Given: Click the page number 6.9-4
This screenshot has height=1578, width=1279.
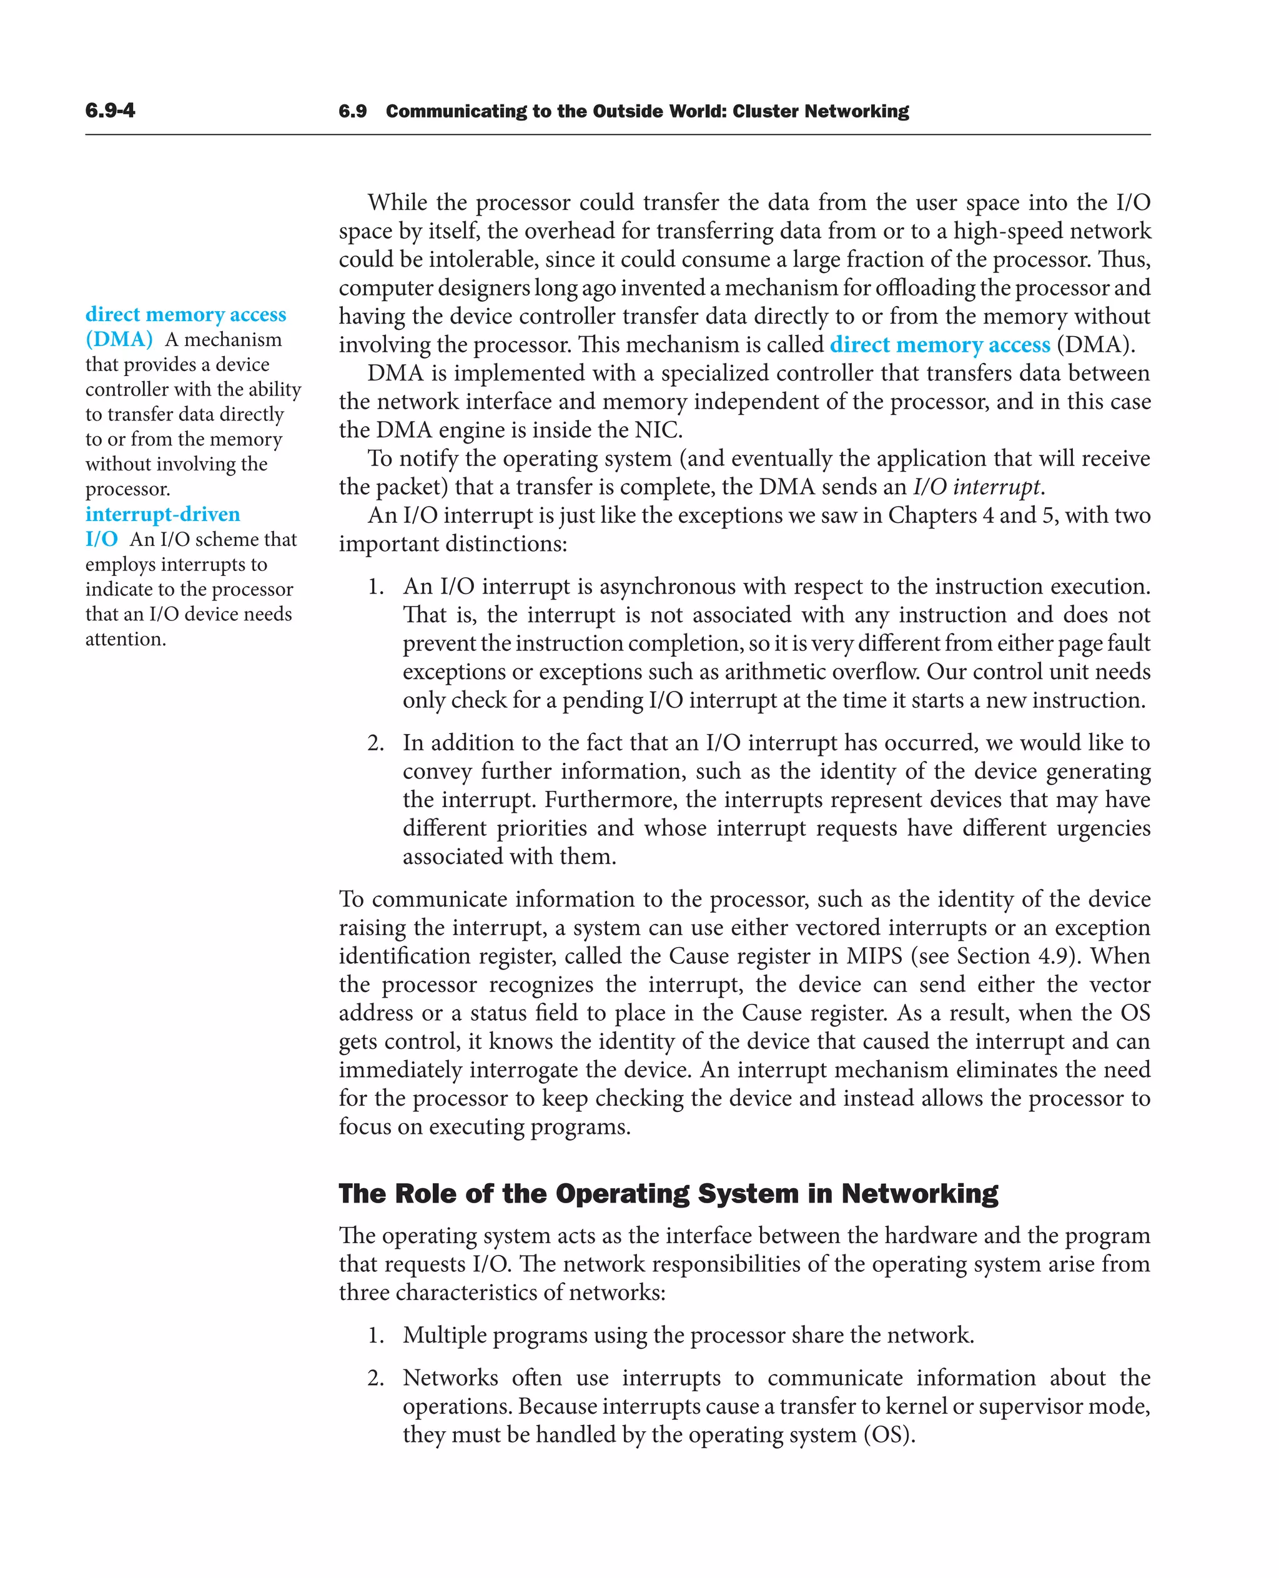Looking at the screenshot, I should click(x=110, y=111).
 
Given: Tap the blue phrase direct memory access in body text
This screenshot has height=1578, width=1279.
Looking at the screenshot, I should click(x=939, y=345).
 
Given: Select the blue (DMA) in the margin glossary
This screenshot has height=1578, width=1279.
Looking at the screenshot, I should click(x=119, y=340).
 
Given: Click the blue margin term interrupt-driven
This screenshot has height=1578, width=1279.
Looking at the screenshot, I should click(x=163, y=515).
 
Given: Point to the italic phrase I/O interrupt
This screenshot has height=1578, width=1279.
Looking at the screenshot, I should click(x=977, y=487).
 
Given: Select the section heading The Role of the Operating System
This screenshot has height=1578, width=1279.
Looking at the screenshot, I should click(x=668, y=1193).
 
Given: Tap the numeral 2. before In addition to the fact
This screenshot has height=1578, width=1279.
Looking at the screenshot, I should click(x=376, y=743).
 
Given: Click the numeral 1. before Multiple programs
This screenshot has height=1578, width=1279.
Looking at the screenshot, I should click(x=376, y=1336).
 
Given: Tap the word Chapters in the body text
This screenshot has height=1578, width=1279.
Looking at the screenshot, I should click(x=932, y=515).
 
